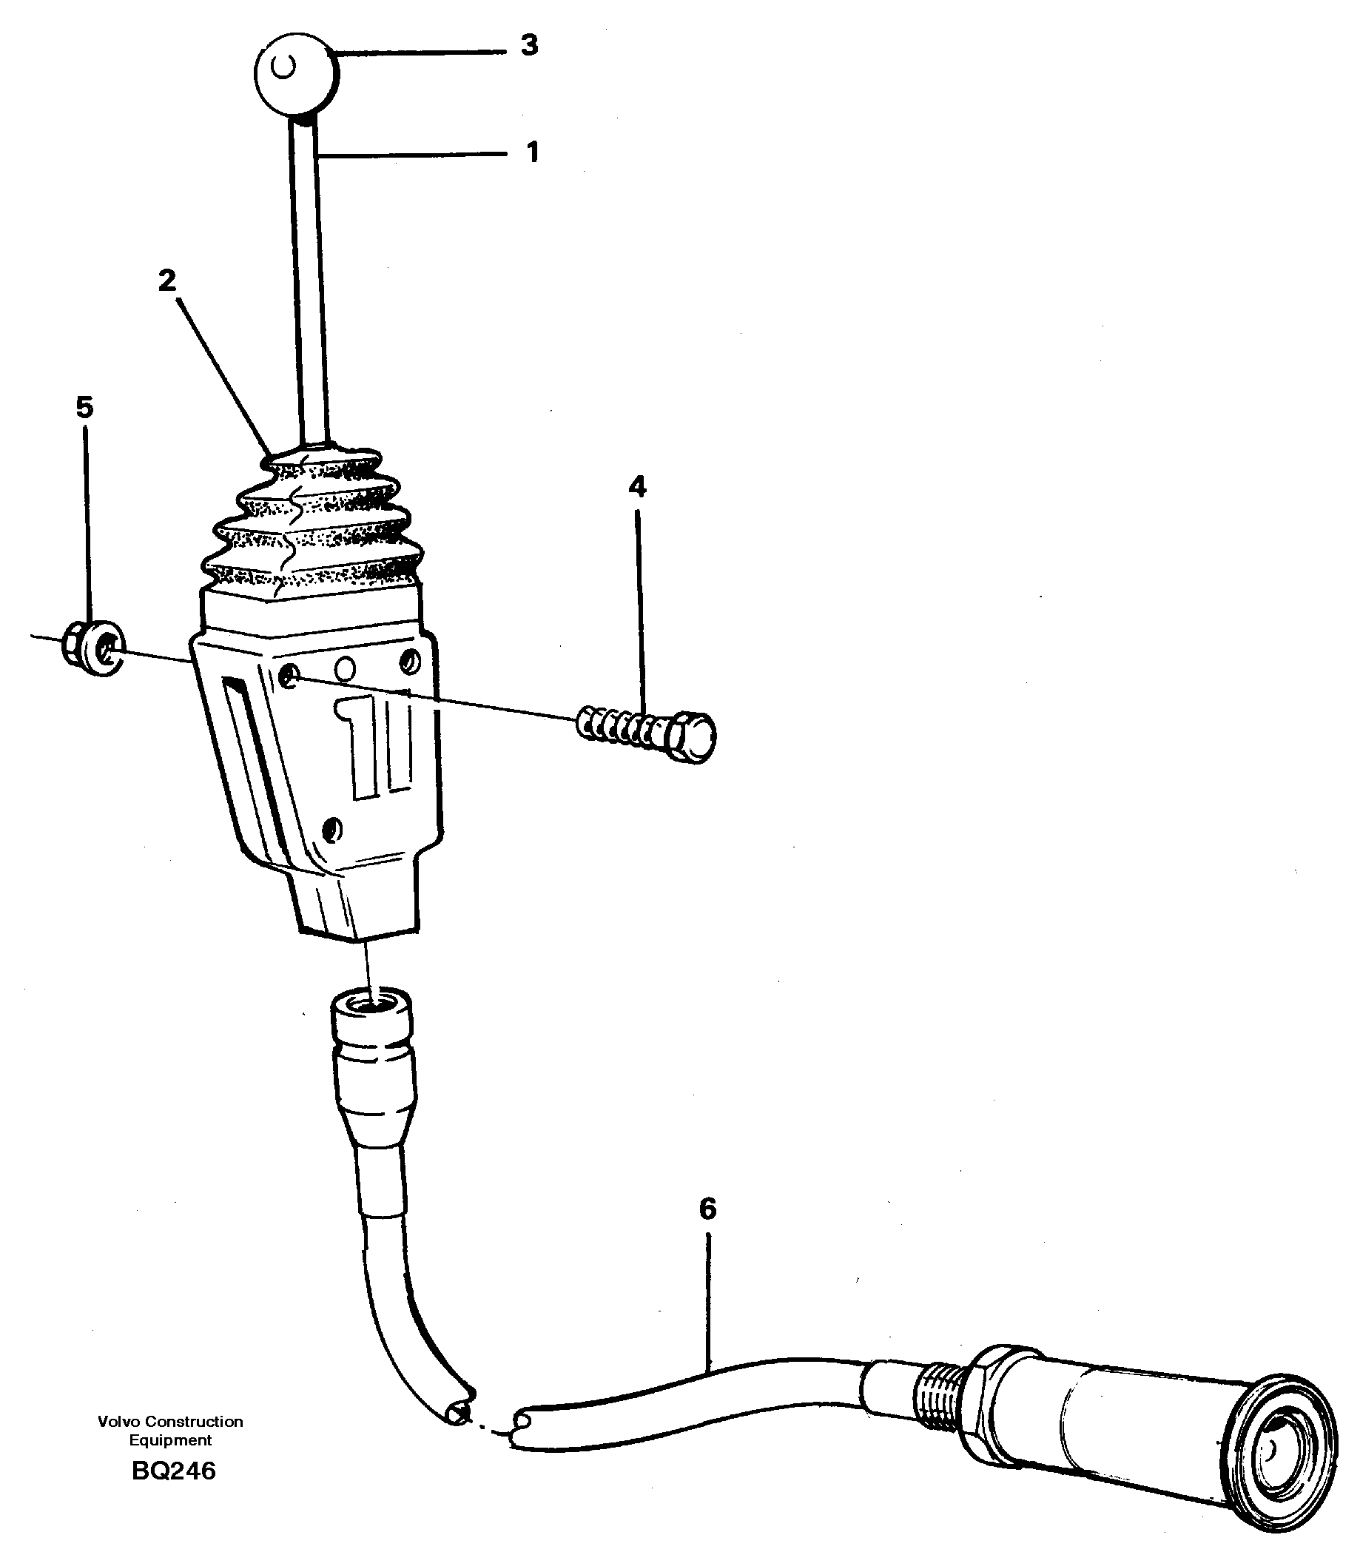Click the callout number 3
pos(529,46)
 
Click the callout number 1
pos(533,152)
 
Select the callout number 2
pos(167,280)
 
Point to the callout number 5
pos(84,408)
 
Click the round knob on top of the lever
pos(296,73)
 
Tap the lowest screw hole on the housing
pos(332,830)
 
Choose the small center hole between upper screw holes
pos(346,668)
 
